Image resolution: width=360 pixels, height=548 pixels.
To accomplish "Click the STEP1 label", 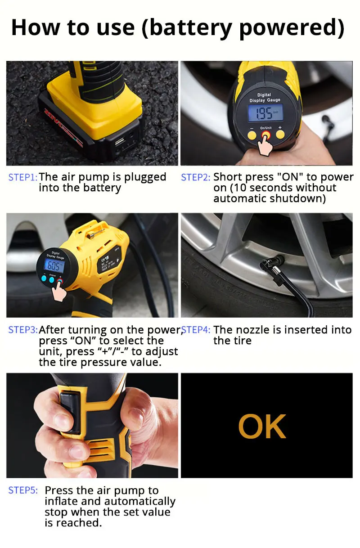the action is tap(23, 177).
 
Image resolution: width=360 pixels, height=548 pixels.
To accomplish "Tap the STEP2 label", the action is tap(196, 177).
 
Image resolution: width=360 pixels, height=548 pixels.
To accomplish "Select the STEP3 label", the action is tap(23, 330).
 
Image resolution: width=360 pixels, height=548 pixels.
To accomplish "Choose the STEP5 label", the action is tap(23, 490).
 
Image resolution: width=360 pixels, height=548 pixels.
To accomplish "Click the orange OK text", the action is tap(262, 427).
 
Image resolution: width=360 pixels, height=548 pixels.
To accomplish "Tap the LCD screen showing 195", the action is tap(265, 113).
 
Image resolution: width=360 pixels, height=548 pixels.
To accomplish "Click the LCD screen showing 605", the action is tap(54, 266).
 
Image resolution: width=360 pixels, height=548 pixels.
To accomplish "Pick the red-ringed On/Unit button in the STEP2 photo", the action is tap(266, 135).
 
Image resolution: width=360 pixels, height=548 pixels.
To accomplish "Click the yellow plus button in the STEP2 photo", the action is tap(280, 135).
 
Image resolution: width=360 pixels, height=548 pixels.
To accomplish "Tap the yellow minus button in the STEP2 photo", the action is tap(252, 135).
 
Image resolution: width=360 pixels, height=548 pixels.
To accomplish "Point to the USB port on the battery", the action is tap(120, 141).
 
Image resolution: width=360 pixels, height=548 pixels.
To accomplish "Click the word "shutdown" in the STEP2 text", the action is tap(300, 198).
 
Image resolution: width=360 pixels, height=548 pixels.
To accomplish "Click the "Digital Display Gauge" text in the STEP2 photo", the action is tap(265, 97).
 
